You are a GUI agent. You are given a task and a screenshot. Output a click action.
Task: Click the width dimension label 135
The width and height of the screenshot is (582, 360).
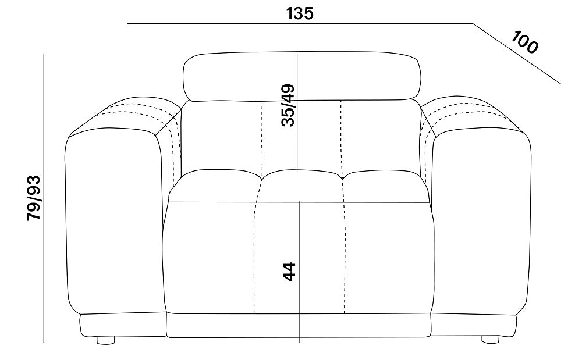[x=300, y=13]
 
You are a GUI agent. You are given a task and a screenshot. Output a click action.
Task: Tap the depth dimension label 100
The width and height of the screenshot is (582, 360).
[x=524, y=42]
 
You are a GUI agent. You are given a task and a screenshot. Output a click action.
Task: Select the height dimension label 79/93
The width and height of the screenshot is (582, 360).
[x=34, y=198]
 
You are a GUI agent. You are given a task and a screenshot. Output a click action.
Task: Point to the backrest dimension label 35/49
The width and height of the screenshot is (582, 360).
[x=288, y=106]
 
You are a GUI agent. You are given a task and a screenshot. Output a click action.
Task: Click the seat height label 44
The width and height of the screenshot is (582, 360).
[x=289, y=272]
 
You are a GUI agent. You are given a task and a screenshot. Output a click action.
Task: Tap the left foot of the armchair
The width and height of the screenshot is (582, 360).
[x=106, y=340]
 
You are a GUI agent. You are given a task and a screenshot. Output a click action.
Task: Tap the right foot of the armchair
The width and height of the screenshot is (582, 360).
[x=490, y=339]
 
